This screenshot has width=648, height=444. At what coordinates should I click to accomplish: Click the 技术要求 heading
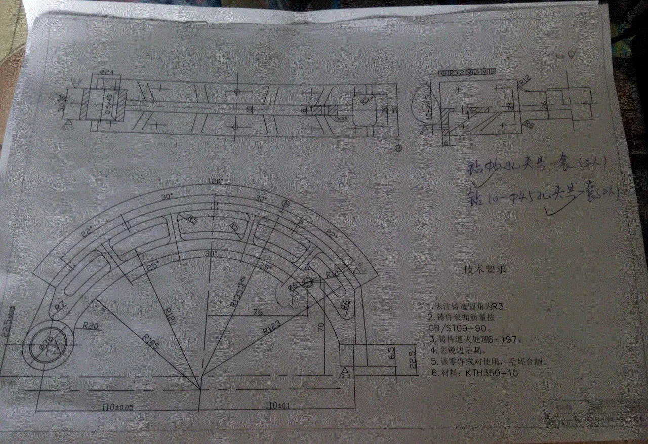point(484,269)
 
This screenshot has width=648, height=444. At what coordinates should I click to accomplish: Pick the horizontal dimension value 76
point(257,312)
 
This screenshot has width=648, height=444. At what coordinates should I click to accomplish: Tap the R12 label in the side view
point(525,80)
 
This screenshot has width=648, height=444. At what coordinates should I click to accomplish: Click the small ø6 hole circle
point(308,281)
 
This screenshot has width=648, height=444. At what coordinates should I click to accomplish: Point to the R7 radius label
point(60,305)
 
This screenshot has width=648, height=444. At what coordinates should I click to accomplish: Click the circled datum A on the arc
point(285,204)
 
